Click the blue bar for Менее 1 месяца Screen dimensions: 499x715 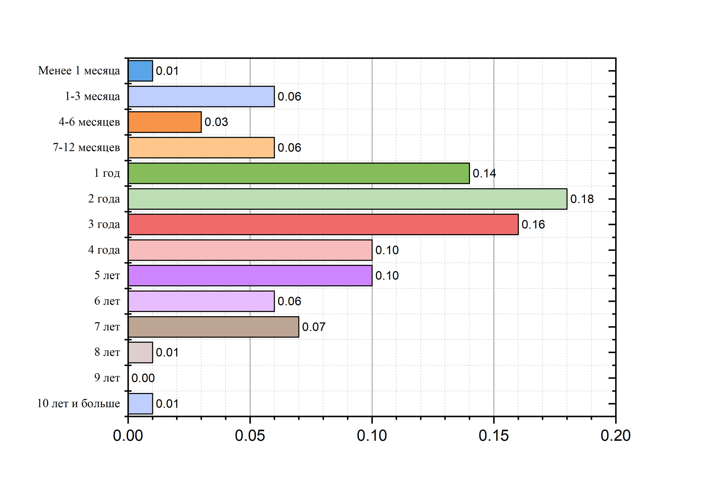tap(140, 71)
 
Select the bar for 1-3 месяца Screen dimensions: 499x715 tap(201, 96)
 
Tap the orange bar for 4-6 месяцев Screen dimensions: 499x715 tap(165, 122)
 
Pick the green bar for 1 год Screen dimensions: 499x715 tap(298, 173)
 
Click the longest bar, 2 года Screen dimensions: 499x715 tap(347, 199)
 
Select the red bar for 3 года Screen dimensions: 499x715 tap(323, 224)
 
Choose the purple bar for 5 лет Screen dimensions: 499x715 tap(250, 276)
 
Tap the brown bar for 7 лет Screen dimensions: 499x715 tap(213, 327)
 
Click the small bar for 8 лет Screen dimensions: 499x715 tap(140, 352)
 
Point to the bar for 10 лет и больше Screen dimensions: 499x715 tap(140, 404)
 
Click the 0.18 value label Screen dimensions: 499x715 tap(582, 199)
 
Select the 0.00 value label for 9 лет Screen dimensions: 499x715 tap(143, 378)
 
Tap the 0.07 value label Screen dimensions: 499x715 tap(314, 327)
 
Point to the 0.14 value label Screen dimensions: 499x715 tap(484, 173)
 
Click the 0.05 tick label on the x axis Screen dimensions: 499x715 tap(250, 436)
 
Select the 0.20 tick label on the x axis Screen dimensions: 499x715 tap(616, 436)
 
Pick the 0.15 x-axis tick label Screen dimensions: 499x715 tap(494, 436)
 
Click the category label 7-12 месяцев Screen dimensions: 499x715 tap(86, 148)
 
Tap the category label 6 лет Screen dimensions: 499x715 tap(107, 301)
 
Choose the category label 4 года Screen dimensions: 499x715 tap(104, 250)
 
